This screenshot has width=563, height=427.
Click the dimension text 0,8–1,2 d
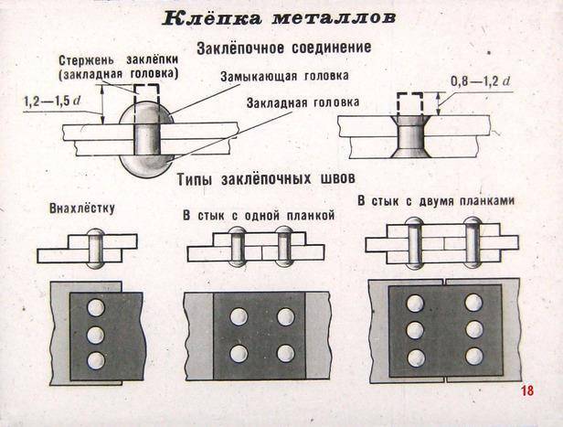(480, 82)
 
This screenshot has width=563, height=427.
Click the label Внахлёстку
(88, 209)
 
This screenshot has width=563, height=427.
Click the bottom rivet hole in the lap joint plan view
(95, 360)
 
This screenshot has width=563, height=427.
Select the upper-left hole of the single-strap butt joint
(239, 317)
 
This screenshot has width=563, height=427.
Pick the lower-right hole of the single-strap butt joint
(285, 353)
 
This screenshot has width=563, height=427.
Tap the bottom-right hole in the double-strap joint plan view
(473, 357)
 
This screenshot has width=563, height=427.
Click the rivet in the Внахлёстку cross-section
(97, 247)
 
